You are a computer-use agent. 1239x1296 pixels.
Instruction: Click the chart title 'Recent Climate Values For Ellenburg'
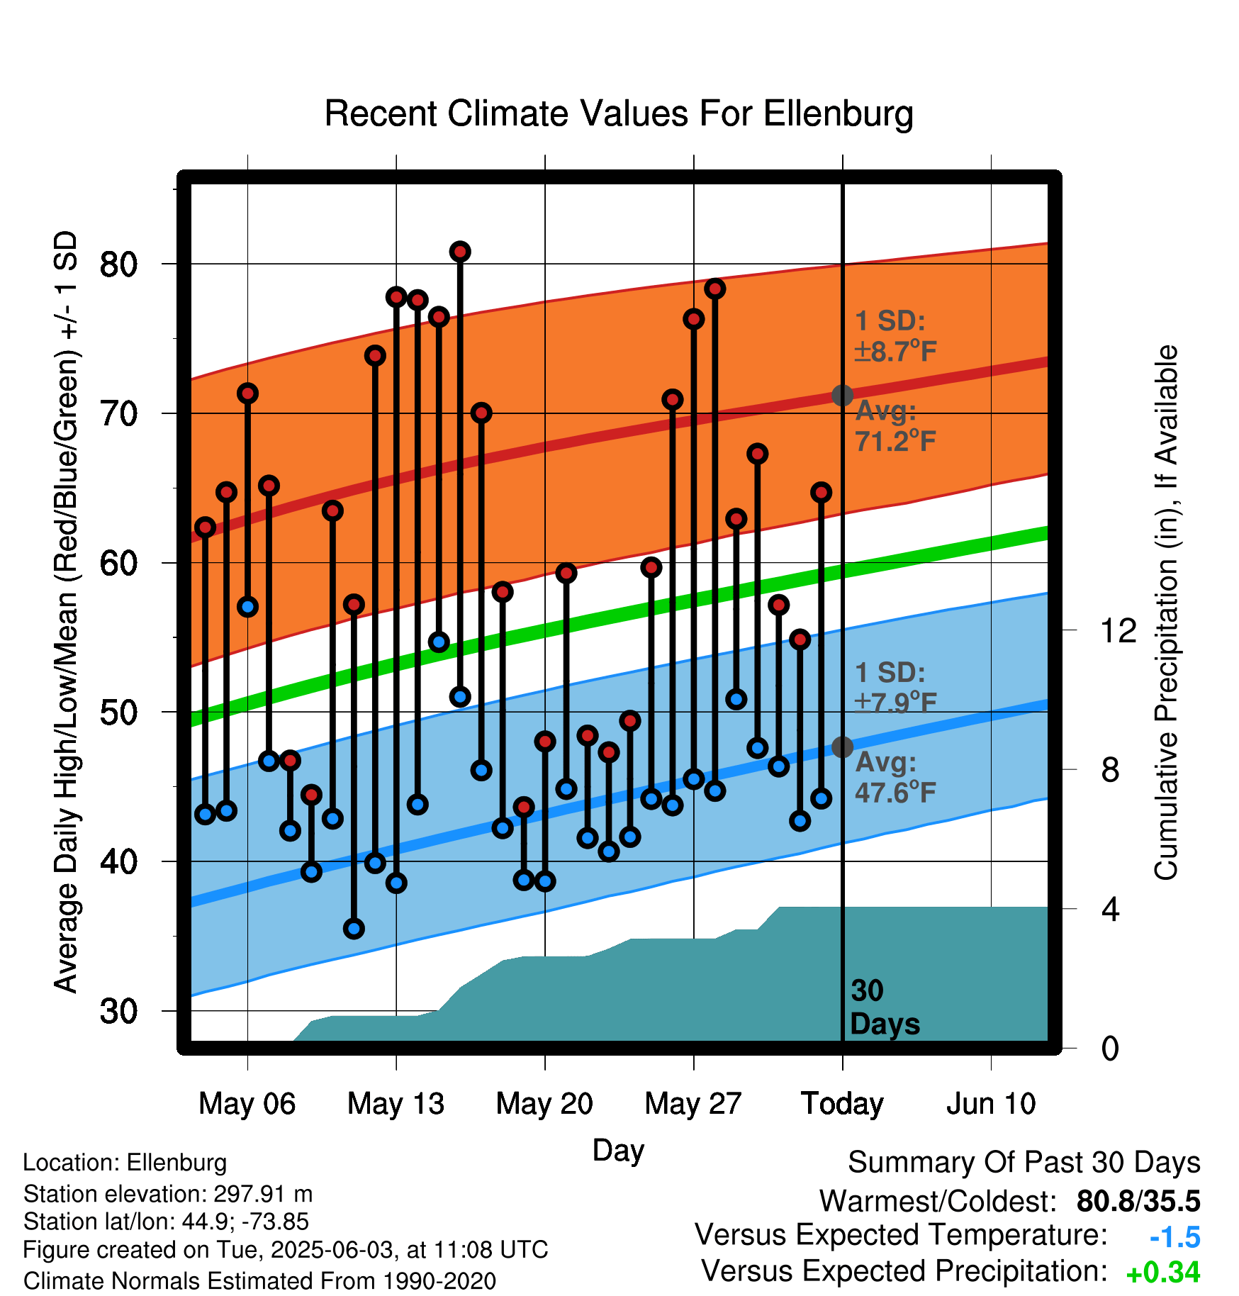coord(618,113)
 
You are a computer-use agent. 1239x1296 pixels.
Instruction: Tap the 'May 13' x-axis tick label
coord(396,1103)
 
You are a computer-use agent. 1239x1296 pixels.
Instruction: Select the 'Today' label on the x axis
coord(842,1103)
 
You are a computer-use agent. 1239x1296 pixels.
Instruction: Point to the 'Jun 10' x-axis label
coord(991,1103)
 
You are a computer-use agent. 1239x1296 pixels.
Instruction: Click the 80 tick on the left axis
coord(118,264)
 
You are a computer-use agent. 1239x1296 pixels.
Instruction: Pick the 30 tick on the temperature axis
coord(118,1011)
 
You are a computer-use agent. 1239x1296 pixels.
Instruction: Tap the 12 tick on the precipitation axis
coord(1119,630)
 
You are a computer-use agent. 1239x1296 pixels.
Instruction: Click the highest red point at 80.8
coord(460,252)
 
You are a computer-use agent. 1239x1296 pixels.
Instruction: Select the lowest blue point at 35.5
coord(354,928)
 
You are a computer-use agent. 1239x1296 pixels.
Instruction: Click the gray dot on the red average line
coord(842,395)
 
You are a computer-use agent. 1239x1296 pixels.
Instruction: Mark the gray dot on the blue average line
coord(842,747)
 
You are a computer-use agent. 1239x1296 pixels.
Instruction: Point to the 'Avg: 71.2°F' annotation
coord(895,426)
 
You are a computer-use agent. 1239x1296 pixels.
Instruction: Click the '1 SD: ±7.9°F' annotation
coord(895,687)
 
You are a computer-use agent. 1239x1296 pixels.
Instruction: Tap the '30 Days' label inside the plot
coord(884,1007)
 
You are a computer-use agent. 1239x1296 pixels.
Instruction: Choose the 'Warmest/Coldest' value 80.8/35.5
coord(1138,1201)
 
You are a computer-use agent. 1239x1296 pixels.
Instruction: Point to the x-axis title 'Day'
coord(618,1150)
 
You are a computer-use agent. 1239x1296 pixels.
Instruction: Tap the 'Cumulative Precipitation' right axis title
coord(1166,613)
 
